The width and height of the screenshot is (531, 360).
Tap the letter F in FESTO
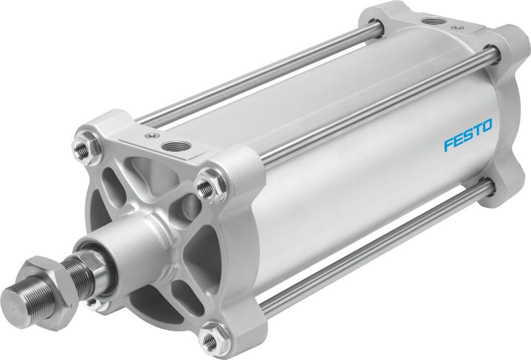448,145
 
